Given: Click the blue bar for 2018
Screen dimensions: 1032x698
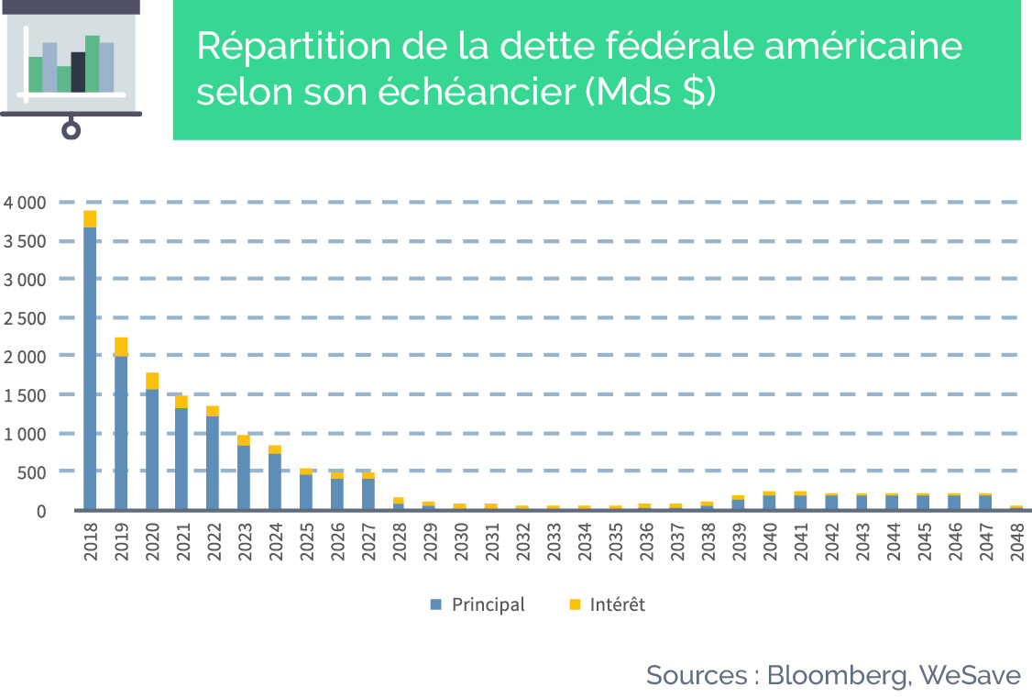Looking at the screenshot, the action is [90, 368].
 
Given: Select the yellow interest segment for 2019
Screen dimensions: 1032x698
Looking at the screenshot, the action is [121, 347].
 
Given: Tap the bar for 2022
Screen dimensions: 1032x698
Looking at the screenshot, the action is [213, 458].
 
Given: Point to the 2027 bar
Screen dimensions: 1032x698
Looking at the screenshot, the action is [368, 491].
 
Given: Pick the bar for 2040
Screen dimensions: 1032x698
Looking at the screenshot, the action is [769, 501].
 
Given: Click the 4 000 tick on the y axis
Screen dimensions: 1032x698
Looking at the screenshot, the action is [25, 203].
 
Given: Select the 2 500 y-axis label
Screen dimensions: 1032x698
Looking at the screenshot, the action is [25, 318].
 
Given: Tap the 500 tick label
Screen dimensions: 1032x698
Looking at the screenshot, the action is [32, 472].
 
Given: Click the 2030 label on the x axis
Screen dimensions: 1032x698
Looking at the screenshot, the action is [461, 542].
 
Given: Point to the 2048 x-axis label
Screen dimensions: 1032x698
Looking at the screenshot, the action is [1017, 542].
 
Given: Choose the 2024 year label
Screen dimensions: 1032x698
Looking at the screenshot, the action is [276, 542].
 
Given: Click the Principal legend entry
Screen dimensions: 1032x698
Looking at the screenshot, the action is [478, 604].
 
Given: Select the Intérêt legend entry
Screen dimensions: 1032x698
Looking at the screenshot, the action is [608, 604].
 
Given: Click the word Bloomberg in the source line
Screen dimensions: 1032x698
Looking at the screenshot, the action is [839, 676].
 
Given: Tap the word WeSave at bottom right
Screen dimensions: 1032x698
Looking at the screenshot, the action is [970, 675].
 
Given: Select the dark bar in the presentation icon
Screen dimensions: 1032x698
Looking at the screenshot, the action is [78, 72].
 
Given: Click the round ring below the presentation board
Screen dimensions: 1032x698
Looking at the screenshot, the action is [71, 129].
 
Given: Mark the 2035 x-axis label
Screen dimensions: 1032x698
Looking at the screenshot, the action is [616, 542].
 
